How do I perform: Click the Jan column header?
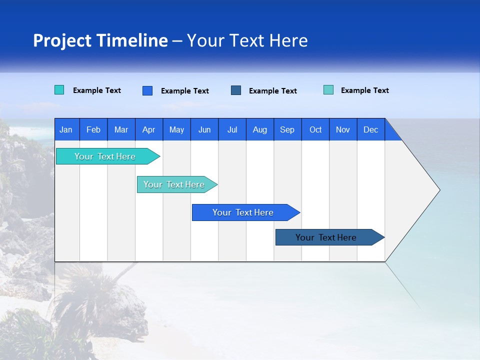66,129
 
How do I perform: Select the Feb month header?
93,129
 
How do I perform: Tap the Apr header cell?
148,129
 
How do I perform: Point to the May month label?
176,129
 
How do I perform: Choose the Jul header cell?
232,129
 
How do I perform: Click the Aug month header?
259,129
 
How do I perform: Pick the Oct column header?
315,129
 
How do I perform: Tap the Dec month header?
370,129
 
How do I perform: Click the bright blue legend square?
147,90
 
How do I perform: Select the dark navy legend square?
236,90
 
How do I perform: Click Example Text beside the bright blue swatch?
185,91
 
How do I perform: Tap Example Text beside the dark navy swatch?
273,91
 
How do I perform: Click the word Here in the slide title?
288,40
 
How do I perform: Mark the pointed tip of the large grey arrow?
439,190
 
